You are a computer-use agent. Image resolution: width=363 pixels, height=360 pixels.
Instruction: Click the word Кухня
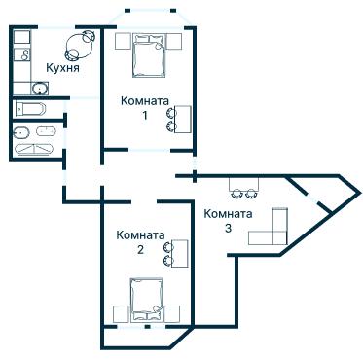coord(62,69)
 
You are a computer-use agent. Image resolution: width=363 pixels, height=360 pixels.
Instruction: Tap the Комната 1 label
coord(145,108)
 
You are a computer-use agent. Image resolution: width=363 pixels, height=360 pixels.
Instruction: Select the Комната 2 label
coord(140,241)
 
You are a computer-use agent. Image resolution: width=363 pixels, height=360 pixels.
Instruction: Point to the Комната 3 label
coord(228,221)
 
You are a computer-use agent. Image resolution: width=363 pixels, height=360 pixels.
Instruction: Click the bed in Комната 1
coord(149,55)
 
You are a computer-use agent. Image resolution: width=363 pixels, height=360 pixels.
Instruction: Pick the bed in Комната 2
coord(147,300)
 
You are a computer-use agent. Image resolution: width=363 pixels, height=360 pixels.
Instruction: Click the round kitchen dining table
coord(79,46)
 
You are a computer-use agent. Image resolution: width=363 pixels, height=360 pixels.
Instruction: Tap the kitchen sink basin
coord(40,89)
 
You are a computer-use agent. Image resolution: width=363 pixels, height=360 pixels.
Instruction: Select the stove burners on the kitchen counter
coord(22,54)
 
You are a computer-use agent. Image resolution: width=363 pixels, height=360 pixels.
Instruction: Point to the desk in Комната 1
coord(182,119)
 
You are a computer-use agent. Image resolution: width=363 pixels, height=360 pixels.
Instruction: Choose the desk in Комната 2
coord(180,253)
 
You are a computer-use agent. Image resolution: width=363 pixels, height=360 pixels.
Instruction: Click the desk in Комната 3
coord(243,183)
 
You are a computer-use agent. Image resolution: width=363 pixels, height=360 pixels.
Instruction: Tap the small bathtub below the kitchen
coord(30,109)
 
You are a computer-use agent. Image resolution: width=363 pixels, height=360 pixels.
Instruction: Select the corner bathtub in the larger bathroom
coord(34,150)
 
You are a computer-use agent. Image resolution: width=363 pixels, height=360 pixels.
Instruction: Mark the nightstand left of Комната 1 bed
coord(123,41)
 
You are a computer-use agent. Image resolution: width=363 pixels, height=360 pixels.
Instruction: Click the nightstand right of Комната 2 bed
coord(172,314)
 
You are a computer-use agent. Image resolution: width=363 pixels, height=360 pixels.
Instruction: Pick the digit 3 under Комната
coord(228,229)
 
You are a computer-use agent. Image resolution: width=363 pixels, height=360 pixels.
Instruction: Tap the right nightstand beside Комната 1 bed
coord(174,41)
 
